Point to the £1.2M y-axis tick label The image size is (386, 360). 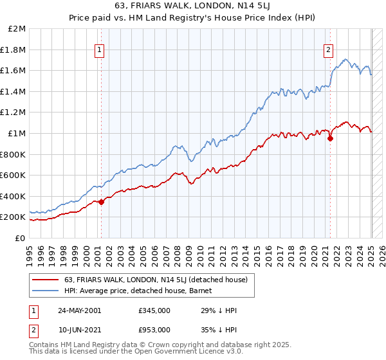click(x=14, y=113)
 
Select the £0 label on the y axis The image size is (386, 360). click(x=19, y=238)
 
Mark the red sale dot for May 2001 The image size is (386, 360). click(x=102, y=202)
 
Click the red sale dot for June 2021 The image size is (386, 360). click(x=331, y=138)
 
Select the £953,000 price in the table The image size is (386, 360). click(x=154, y=329)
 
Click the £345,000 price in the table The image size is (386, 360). click(x=154, y=310)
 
